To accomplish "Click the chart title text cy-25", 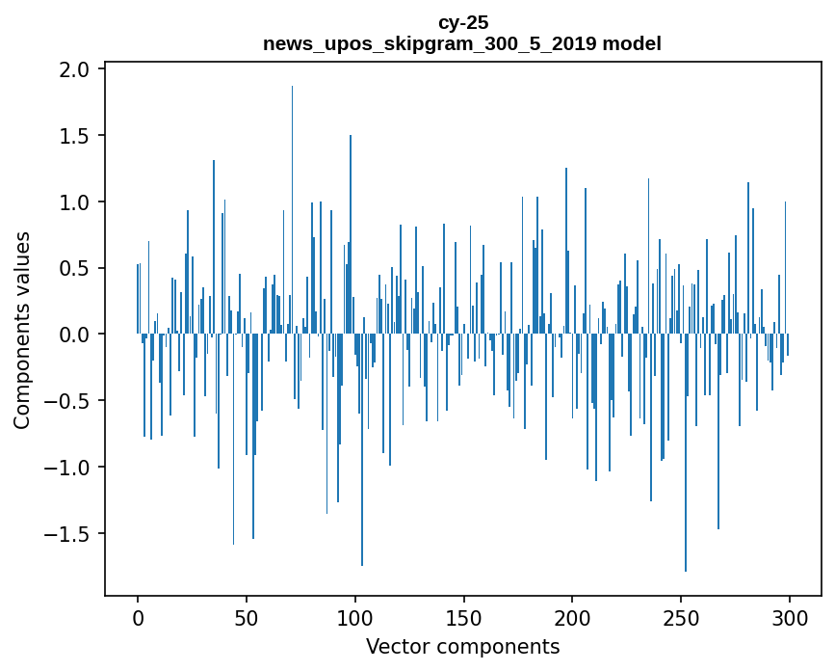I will (x=462, y=23).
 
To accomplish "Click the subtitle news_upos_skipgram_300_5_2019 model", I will (x=462, y=43).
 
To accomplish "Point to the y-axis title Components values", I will (x=22, y=330).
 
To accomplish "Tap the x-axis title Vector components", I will (x=462, y=646).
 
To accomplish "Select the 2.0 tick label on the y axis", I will (x=75, y=69).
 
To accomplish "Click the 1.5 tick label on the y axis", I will (x=75, y=136).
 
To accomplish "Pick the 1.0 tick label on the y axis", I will (x=75, y=202).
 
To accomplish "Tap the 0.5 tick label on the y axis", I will (x=75, y=268).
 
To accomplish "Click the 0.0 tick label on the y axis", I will (x=75, y=335).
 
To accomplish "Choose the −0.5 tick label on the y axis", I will (x=69, y=401).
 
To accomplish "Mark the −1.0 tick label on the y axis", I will (x=69, y=467).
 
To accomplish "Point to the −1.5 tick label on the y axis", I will (x=69, y=533).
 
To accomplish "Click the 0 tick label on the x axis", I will (x=138, y=617).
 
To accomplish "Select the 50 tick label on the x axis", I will (x=247, y=617).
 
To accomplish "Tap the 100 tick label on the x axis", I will (x=355, y=617).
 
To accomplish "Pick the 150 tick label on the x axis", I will (x=464, y=617).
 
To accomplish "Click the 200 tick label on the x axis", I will (x=573, y=617).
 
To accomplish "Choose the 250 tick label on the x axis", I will (x=682, y=617).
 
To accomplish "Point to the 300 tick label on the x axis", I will (x=791, y=617).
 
